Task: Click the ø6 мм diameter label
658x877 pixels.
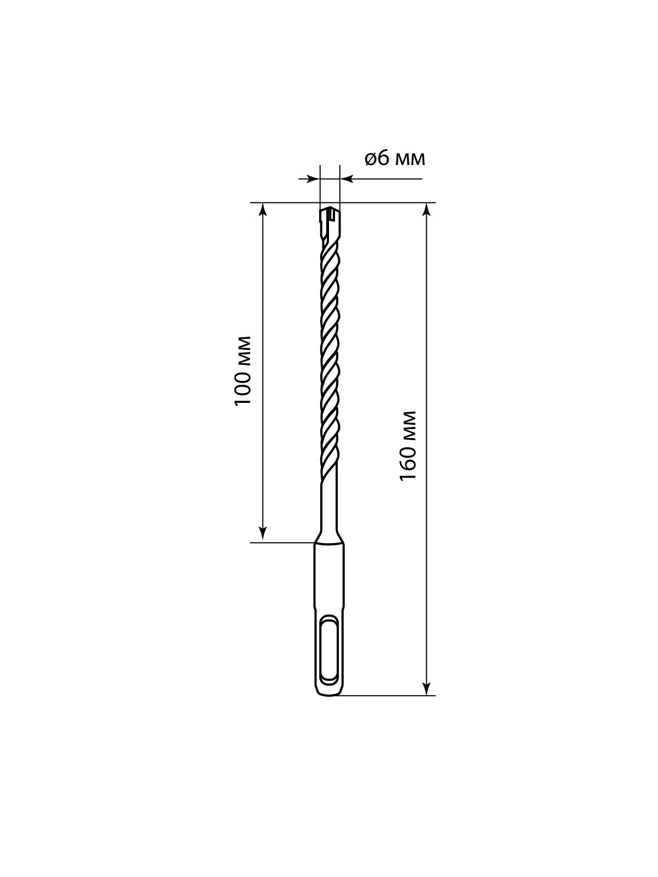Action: pos(394,159)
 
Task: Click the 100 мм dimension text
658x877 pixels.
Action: pos(243,371)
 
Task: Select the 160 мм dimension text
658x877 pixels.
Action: pos(409,446)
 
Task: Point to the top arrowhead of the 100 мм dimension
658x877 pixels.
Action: pos(263,210)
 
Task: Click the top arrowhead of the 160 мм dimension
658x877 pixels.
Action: pos(427,210)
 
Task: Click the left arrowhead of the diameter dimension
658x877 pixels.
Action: pos(313,179)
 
